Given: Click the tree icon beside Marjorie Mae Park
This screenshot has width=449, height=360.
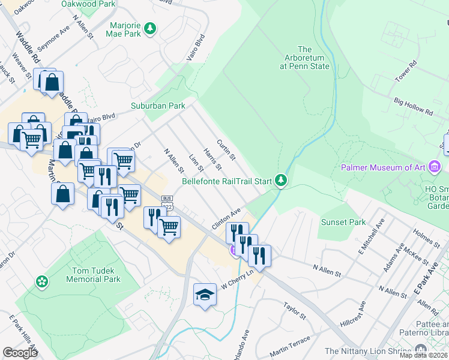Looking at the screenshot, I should [x=150, y=28].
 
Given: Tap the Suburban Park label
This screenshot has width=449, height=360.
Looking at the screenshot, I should [x=158, y=106].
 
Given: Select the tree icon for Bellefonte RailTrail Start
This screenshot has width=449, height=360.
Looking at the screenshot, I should [x=280, y=179].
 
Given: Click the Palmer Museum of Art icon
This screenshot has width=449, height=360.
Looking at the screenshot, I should [x=435, y=167].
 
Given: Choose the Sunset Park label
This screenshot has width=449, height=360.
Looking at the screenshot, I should [x=343, y=222].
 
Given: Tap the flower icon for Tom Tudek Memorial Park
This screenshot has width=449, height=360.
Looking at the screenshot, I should [x=41, y=281].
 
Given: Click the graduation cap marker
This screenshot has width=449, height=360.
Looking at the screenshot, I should [x=205, y=295].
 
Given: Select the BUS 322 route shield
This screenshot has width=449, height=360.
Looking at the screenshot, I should [x=167, y=202].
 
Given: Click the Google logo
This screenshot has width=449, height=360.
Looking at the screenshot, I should [x=20, y=352].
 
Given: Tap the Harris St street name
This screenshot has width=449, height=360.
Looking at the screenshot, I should [x=212, y=158].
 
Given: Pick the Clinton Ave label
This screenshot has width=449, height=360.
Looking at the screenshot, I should [x=226, y=218].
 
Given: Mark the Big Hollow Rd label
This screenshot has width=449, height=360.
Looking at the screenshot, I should [x=413, y=107].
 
